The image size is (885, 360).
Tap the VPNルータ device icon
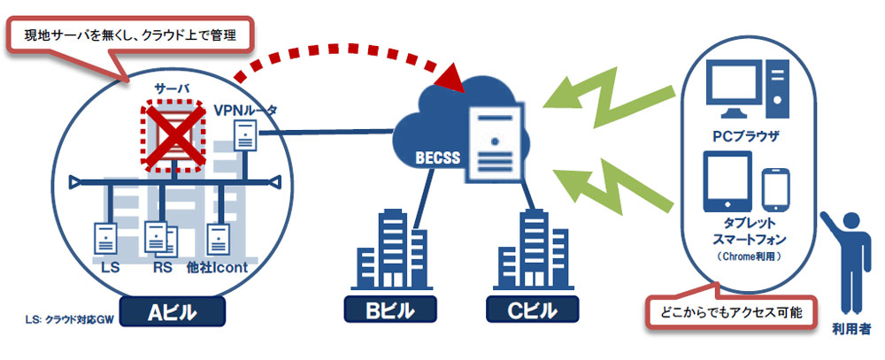[x=246, y=135]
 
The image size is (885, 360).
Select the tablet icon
[x=727, y=181]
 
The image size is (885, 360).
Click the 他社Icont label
[x=218, y=267]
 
